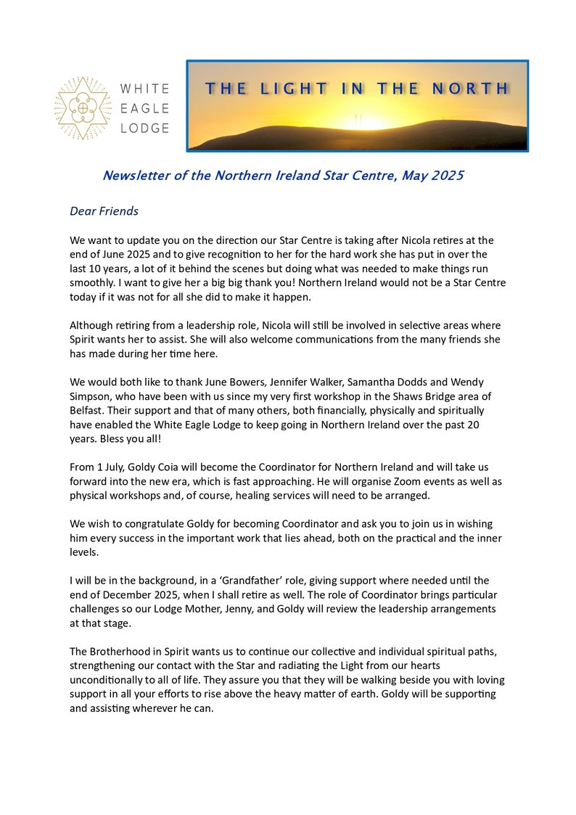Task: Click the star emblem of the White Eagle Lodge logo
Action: (83, 108)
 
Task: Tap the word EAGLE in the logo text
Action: (144, 108)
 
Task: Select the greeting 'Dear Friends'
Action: (104, 211)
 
